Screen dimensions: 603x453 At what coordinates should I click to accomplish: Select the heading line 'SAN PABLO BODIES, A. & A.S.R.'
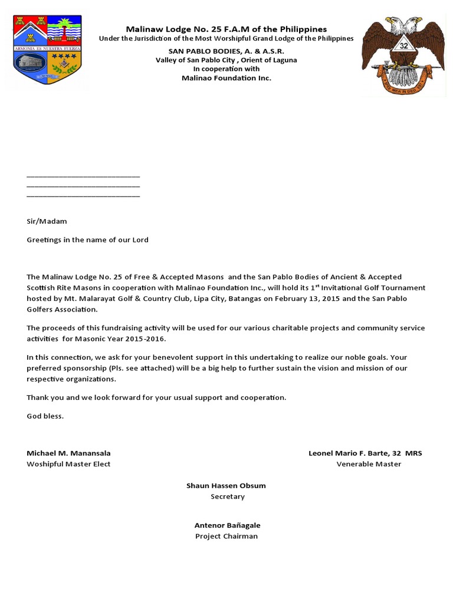pyautogui.click(x=226, y=51)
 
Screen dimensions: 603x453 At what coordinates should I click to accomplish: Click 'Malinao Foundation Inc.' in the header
pyautogui.click(x=226, y=78)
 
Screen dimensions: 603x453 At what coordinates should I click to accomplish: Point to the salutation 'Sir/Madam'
pyautogui.click(x=47, y=221)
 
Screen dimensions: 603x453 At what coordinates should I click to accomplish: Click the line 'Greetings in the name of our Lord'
pyautogui.click(x=87, y=240)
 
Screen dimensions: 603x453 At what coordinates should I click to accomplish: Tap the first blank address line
pyautogui.click(x=83, y=176)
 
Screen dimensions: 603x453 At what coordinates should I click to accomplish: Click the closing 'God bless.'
pyautogui.click(x=45, y=416)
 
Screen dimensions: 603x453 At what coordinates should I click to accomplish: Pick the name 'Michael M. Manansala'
pyautogui.click(x=68, y=453)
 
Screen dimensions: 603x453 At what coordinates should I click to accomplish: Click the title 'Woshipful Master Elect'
pyautogui.click(x=68, y=464)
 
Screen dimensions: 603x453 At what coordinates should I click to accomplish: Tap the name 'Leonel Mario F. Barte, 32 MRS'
pyautogui.click(x=365, y=453)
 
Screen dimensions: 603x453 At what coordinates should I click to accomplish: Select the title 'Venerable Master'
pyautogui.click(x=369, y=464)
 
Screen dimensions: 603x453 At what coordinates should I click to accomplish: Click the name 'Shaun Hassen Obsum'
pyautogui.click(x=226, y=486)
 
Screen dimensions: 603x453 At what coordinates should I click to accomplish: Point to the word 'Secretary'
pyautogui.click(x=227, y=496)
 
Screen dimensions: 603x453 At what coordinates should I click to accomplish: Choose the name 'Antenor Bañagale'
pyautogui.click(x=227, y=525)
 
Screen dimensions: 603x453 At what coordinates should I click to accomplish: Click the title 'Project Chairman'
pyautogui.click(x=226, y=536)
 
